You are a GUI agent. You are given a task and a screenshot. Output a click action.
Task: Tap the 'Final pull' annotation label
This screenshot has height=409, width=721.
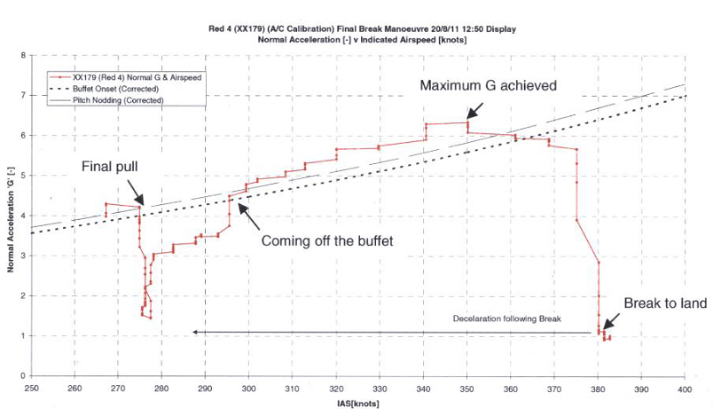110,166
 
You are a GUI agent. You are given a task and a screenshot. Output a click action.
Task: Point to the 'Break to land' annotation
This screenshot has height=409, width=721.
665,303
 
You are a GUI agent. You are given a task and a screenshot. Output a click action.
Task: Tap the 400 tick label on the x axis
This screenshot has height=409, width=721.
684,388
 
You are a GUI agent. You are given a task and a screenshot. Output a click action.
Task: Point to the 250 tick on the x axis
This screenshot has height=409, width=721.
31,388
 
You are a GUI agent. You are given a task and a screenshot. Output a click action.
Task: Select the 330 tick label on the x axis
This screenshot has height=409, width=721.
379,388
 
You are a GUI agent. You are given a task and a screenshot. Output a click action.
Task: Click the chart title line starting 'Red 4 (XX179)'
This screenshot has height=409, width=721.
359,29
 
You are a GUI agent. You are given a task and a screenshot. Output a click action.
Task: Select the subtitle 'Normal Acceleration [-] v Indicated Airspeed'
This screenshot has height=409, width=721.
359,40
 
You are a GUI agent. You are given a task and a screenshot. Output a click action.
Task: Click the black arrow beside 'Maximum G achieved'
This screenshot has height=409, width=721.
475,110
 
